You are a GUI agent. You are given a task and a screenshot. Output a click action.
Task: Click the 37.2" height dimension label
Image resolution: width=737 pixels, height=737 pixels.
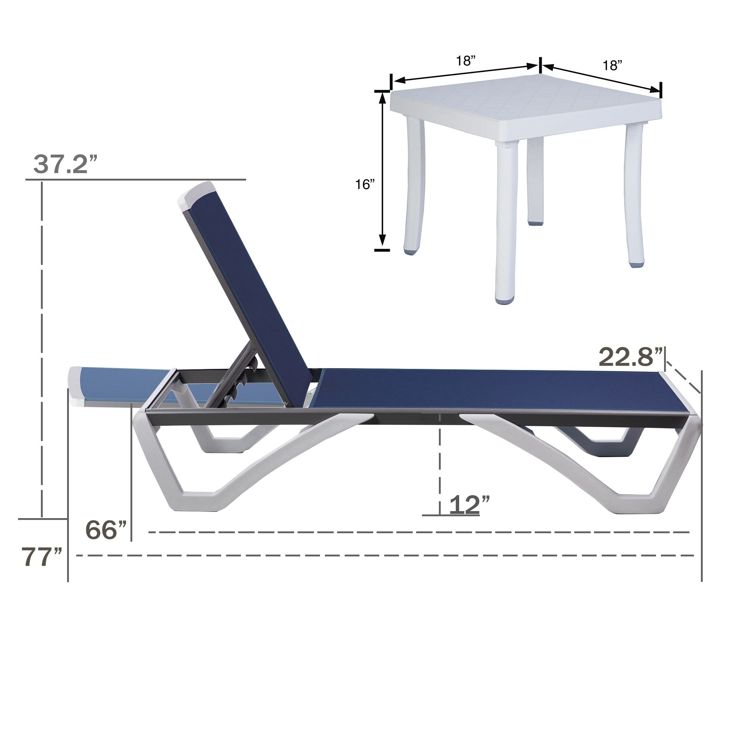click(x=66, y=164)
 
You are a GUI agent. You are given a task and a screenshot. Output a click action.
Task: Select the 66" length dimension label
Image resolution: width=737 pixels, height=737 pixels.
click(x=106, y=530)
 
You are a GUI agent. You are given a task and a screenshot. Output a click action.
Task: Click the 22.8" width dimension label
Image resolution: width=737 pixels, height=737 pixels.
click(x=630, y=357)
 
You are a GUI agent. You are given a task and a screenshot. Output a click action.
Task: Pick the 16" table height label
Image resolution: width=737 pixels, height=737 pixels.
click(x=365, y=185)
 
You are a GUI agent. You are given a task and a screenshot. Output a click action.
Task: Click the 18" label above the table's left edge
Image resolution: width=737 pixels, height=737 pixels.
click(x=466, y=61)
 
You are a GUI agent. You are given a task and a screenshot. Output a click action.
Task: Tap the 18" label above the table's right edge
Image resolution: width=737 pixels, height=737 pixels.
click(x=612, y=66)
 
